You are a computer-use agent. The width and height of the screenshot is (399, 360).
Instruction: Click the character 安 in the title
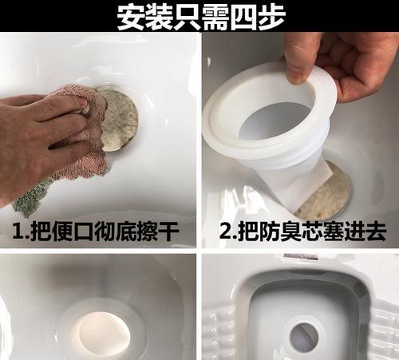coord(131,16)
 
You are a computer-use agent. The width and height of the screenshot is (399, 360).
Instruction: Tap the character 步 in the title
coord(269,16)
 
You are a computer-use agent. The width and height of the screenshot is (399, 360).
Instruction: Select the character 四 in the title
coord(241,16)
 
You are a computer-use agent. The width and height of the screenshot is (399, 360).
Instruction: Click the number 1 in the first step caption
coord(18,232)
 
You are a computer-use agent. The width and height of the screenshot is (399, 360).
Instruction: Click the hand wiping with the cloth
coord(36,136)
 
